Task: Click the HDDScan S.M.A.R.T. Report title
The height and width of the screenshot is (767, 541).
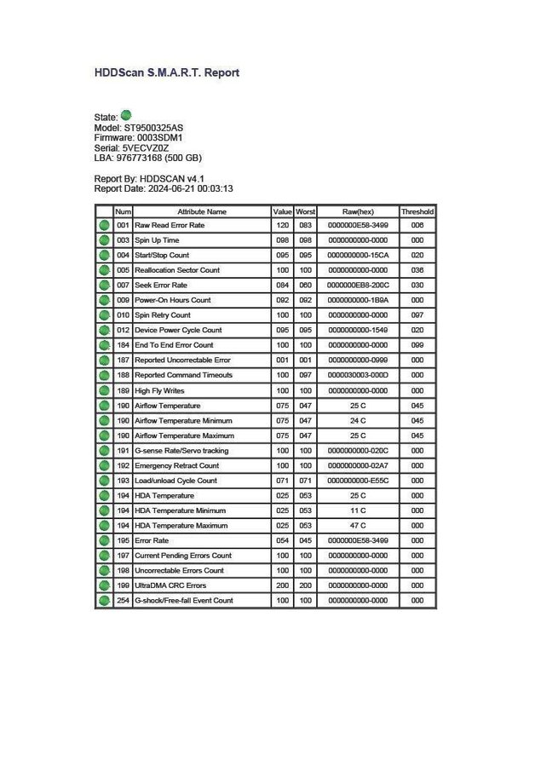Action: click(166, 72)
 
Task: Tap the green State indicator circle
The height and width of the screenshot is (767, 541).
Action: click(126, 115)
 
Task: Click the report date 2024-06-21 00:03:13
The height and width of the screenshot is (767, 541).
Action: click(192, 188)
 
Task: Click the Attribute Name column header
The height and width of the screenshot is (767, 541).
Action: click(201, 210)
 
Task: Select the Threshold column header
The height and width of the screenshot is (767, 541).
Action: click(417, 210)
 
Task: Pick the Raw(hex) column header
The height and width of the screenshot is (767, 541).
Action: click(357, 210)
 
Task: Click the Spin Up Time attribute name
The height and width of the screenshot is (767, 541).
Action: click(157, 240)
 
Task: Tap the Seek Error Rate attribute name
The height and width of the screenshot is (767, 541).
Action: click(161, 285)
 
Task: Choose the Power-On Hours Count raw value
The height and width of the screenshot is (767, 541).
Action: click(357, 300)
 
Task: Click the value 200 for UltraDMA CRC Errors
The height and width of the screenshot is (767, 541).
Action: click(281, 585)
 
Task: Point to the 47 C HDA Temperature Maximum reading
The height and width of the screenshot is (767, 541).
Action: click(357, 526)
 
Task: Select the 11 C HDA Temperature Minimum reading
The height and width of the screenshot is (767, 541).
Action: click(357, 510)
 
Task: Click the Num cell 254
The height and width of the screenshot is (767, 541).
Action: click(123, 601)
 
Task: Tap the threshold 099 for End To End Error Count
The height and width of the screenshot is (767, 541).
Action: click(417, 345)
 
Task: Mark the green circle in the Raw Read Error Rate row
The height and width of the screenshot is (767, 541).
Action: click(104, 226)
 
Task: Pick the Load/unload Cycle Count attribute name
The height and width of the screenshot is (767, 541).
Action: click(176, 481)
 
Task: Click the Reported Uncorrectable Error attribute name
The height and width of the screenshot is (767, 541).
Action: click(182, 360)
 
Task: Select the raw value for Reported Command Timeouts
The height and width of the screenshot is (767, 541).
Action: click(357, 375)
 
